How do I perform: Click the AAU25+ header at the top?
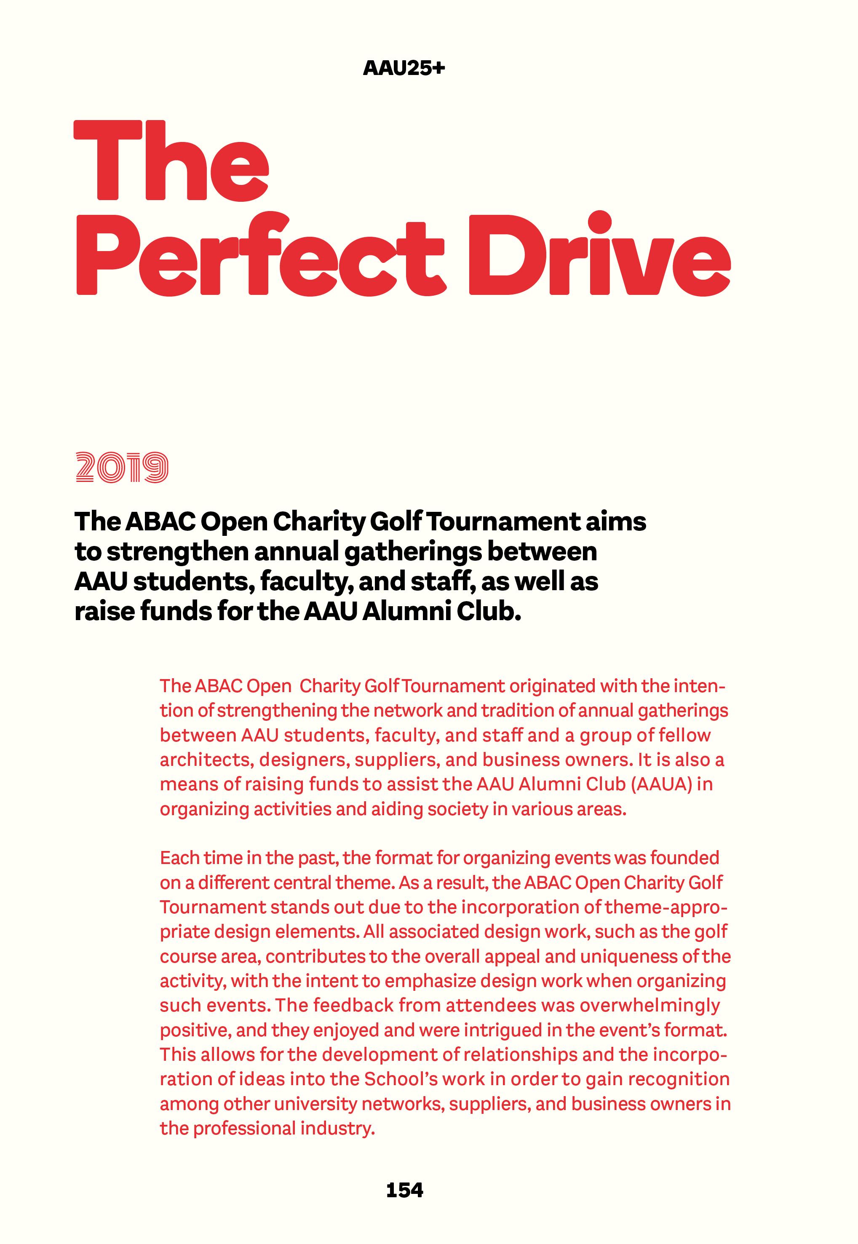coord(404,69)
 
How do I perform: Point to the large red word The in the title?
coord(171,161)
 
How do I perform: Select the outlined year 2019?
coord(122,467)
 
